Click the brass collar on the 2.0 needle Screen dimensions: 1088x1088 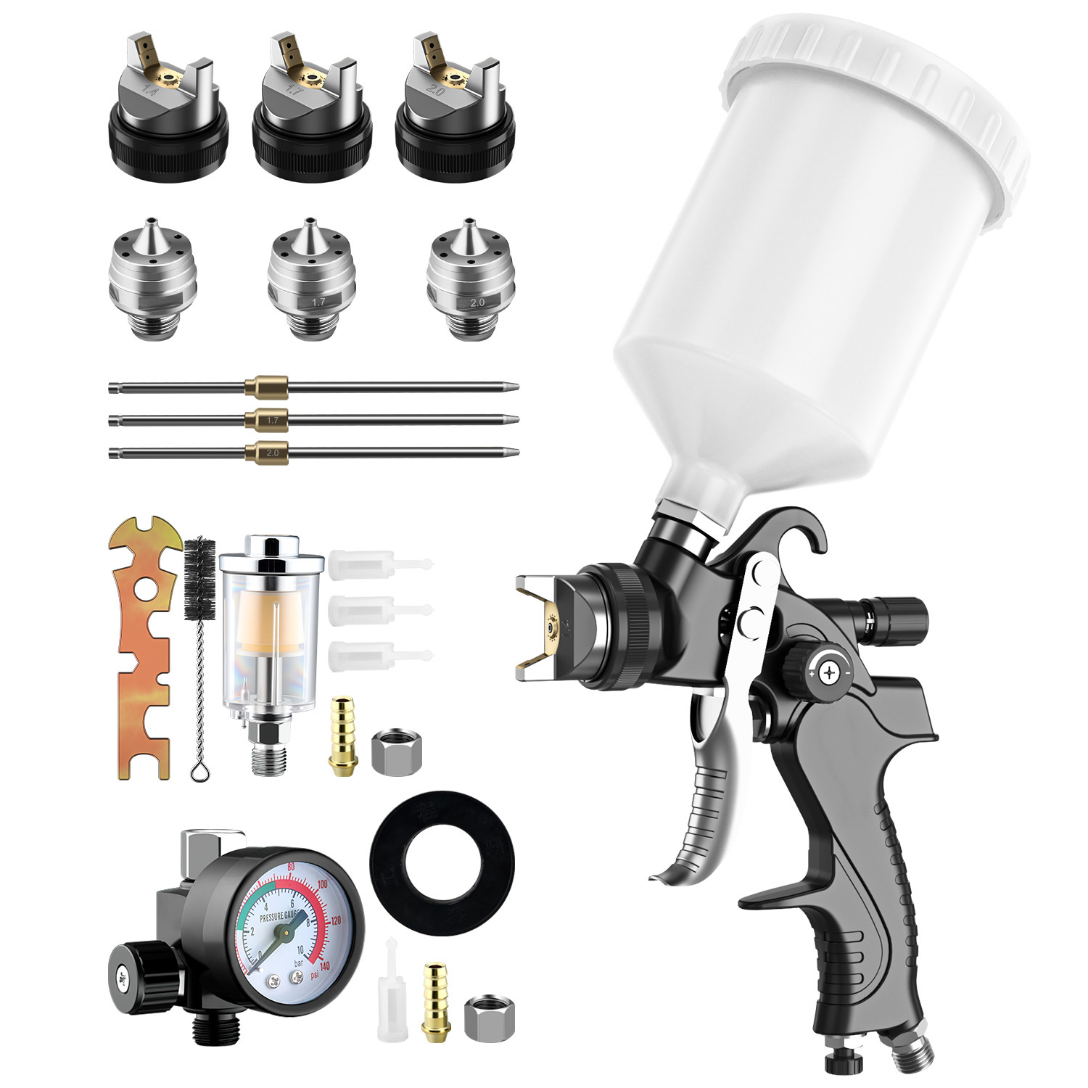tap(266, 452)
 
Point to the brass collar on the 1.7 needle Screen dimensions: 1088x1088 tap(266, 419)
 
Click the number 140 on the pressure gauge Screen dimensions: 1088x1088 tap(323, 966)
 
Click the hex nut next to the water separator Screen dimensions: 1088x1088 tap(396, 753)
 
